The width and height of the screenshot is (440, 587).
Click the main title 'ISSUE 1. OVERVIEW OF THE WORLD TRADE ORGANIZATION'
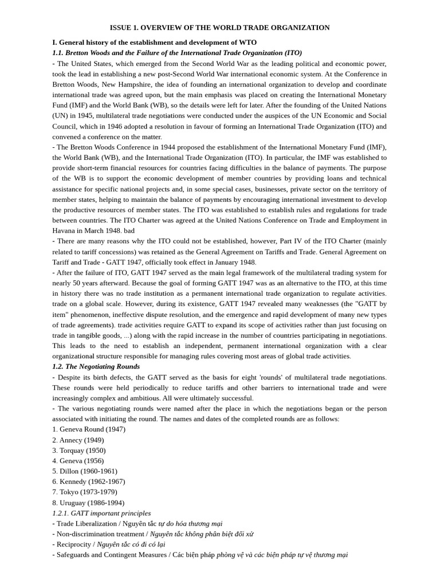219,28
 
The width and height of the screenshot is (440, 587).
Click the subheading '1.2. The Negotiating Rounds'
96,366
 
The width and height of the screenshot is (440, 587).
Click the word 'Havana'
64,230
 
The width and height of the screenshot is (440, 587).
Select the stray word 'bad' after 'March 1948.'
129,230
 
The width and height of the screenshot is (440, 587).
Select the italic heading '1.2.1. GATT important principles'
101,513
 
